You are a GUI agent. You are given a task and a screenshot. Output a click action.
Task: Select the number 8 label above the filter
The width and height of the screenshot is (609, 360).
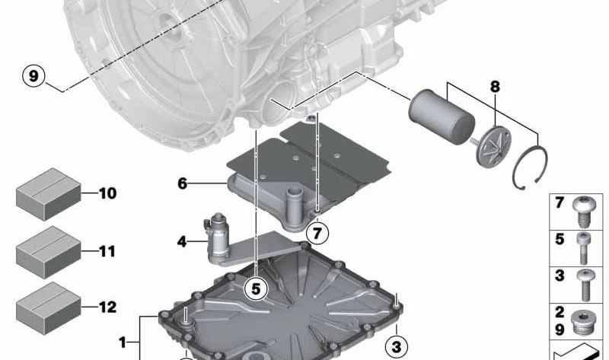(495, 87)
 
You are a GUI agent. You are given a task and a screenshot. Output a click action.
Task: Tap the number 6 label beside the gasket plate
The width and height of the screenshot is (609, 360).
(182, 183)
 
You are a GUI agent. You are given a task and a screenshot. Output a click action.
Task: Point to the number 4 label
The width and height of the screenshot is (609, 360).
(181, 242)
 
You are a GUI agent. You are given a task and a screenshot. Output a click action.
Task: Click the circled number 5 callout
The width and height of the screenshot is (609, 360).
(256, 288)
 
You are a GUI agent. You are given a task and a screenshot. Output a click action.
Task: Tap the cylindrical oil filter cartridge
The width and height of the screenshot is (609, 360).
(441, 116)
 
